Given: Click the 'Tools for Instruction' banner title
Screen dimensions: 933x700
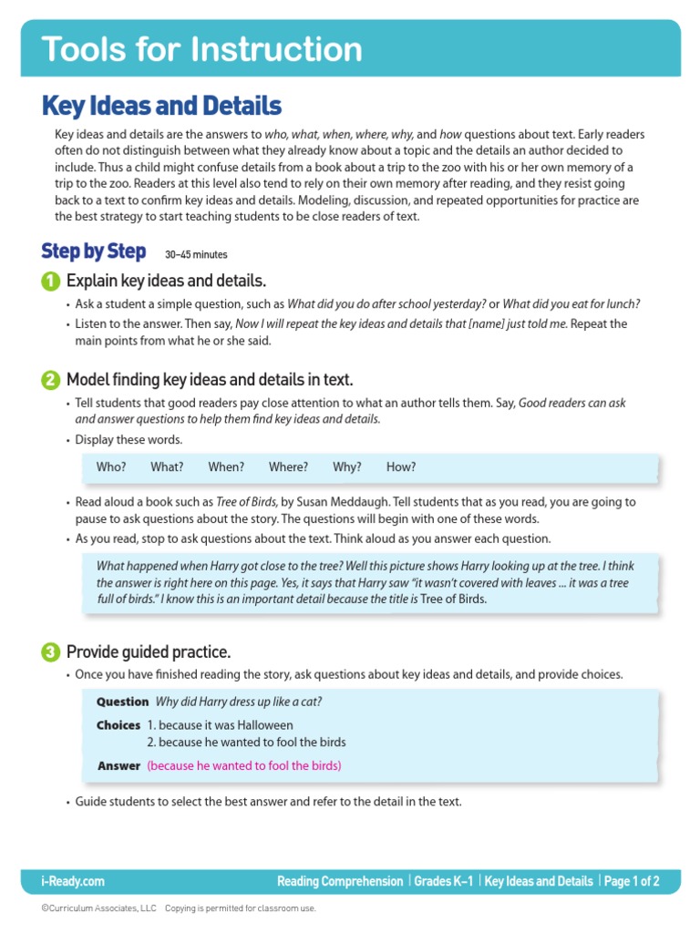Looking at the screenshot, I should click(x=201, y=48).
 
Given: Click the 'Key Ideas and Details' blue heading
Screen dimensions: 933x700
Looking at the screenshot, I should click(x=161, y=107).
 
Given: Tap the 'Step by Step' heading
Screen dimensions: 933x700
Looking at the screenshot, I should click(x=93, y=251).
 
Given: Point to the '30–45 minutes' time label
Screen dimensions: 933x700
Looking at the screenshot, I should click(x=196, y=255).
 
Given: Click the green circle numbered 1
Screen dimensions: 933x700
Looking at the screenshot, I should click(x=51, y=281).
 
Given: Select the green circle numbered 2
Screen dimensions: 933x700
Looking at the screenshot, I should click(x=51, y=380).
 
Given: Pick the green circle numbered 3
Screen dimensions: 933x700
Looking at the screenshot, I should click(x=51, y=652).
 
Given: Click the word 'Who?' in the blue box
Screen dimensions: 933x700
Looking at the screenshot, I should click(x=111, y=467).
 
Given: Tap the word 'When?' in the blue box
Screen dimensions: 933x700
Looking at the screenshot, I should click(x=226, y=467).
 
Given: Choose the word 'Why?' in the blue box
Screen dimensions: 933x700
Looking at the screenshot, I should click(x=346, y=467).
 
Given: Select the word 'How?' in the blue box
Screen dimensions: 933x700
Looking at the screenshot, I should click(x=401, y=467).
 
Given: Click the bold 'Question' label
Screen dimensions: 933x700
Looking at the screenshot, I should click(x=122, y=702).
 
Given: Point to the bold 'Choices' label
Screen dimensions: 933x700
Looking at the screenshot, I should click(x=118, y=725).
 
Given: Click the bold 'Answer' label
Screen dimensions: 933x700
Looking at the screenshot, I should click(x=118, y=766).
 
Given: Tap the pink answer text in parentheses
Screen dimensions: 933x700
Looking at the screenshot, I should click(x=244, y=766).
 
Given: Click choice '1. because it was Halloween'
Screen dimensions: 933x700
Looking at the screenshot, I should click(x=220, y=725).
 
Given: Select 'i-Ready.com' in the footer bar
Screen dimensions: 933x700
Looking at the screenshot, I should click(x=73, y=881).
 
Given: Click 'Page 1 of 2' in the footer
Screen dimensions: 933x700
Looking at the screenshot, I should click(x=632, y=881).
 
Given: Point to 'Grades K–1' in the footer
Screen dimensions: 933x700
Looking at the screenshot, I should click(x=445, y=881).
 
